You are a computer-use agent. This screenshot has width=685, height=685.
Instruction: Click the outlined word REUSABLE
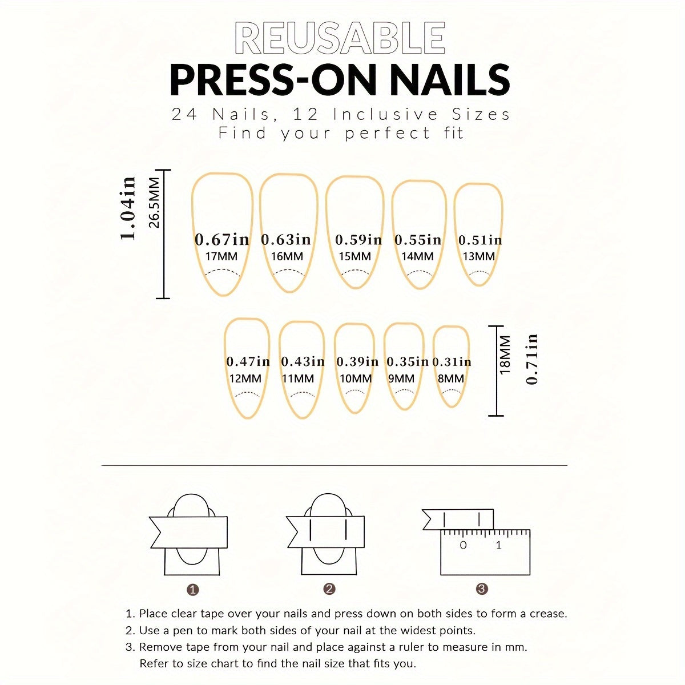coord(340,38)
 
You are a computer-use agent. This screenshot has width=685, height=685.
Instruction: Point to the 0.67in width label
coord(222,239)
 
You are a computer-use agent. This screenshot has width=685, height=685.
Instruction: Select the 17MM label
coord(221,256)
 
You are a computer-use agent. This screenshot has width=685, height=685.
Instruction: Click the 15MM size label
coord(354,256)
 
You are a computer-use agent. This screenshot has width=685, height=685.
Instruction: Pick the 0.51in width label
coord(480,240)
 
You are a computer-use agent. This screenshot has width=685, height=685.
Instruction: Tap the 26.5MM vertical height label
coord(154,203)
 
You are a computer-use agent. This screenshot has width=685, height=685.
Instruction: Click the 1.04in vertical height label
coord(128,208)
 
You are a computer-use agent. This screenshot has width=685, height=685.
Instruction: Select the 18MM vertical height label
coord(505,354)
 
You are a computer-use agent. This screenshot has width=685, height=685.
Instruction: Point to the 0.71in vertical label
coord(531,359)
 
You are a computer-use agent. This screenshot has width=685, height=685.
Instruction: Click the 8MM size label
coord(451,378)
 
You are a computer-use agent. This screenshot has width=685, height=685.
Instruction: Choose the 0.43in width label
coord(303,361)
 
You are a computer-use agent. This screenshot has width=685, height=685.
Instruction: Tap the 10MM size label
coord(356,378)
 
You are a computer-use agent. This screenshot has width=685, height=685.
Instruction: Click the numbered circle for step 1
coord(193,590)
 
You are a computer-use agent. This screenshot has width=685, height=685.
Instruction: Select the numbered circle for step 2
coord(329,589)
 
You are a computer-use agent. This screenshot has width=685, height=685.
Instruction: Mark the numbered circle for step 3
coord(482,589)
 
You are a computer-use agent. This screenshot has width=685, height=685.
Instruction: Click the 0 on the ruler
coord(463,545)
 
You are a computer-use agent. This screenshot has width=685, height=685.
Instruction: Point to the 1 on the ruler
coord(499,545)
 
